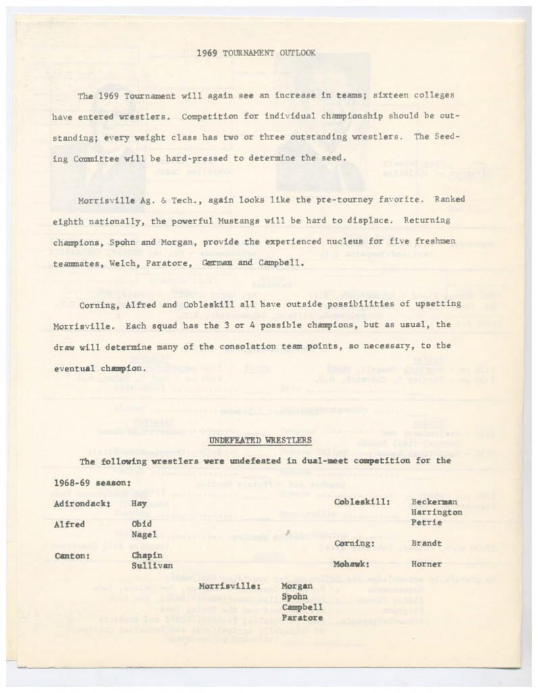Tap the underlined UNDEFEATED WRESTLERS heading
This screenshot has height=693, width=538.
(x=260, y=440)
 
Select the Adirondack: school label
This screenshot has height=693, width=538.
(x=82, y=504)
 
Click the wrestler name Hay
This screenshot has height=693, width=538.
(x=139, y=504)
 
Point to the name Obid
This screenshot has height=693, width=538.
(x=143, y=524)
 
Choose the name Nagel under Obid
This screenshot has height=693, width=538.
(x=145, y=535)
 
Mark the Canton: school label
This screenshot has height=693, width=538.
(x=72, y=556)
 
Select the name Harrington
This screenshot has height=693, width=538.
(x=437, y=512)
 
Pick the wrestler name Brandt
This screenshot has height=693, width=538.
(x=426, y=543)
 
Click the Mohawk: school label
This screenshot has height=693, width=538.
(x=353, y=564)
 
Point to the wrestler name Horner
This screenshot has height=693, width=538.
(x=426, y=564)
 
